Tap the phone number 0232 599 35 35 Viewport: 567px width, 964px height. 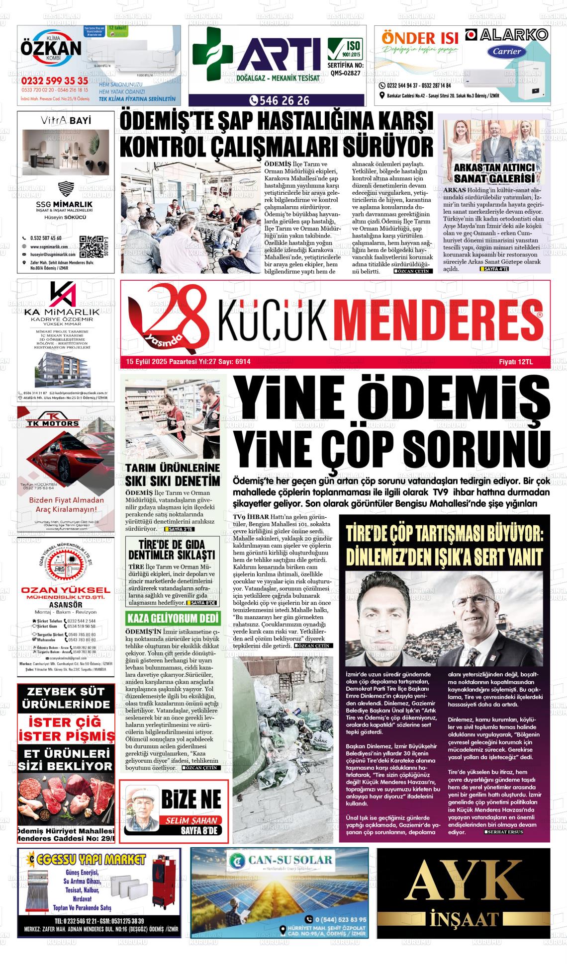tap(55, 80)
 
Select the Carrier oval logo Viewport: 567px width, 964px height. tap(507, 51)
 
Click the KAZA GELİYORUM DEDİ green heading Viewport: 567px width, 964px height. tap(173, 619)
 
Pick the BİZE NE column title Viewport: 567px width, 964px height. tap(190, 800)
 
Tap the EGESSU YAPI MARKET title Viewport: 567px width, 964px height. tap(93, 859)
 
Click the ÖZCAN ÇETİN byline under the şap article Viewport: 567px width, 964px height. tap(413, 271)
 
